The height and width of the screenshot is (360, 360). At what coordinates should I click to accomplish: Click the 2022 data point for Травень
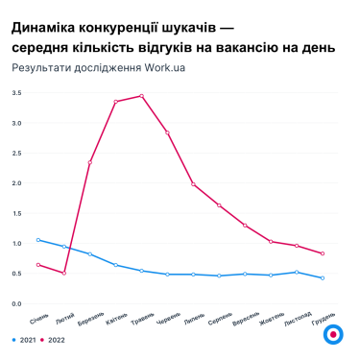(x=141, y=96)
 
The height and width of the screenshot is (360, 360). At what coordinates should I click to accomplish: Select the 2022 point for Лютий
(x=64, y=274)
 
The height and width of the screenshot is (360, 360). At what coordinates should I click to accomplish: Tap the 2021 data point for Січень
(x=38, y=240)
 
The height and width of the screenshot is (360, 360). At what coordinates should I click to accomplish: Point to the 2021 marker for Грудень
(x=323, y=278)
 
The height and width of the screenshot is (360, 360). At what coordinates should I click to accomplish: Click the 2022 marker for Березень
(x=90, y=162)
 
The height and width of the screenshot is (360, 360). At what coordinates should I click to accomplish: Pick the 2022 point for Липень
(x=193, y=184)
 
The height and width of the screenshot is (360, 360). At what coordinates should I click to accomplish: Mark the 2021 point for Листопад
(x=297, y=272)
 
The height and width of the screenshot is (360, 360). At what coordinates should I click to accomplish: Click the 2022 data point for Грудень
(x=323, y=253)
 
